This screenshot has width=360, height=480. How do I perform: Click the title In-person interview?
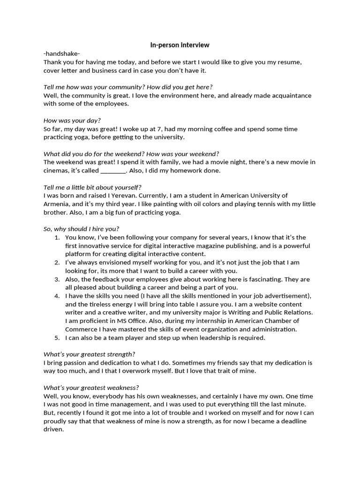click(x=180, y=45)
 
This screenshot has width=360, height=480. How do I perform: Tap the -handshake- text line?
click(x=62, y=53)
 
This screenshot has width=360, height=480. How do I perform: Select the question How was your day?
click(x=72, y=120)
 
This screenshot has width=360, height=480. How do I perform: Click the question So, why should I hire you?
click(x=81, y=229)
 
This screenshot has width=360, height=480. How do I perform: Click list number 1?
click(x=57, y=238)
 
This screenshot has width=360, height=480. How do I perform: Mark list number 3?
click(x=57, y=279)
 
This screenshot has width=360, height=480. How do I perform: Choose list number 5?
click(x=57, y=337)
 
